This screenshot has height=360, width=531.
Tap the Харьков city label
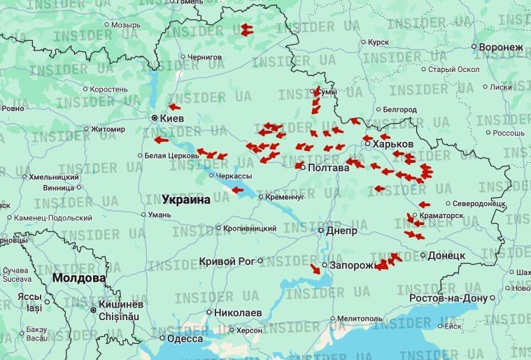393,143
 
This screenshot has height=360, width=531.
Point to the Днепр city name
342,230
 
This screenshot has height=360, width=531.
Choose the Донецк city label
446,256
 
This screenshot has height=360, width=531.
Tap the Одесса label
185,339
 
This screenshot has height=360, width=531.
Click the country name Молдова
78,278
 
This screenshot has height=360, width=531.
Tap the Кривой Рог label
227,261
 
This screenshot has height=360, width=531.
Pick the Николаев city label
238,312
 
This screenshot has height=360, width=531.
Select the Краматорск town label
441,215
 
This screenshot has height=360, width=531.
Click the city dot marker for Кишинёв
92,308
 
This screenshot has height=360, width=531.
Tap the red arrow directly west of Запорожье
316,268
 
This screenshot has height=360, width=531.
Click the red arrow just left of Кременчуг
238,189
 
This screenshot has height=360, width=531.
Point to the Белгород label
400,109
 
